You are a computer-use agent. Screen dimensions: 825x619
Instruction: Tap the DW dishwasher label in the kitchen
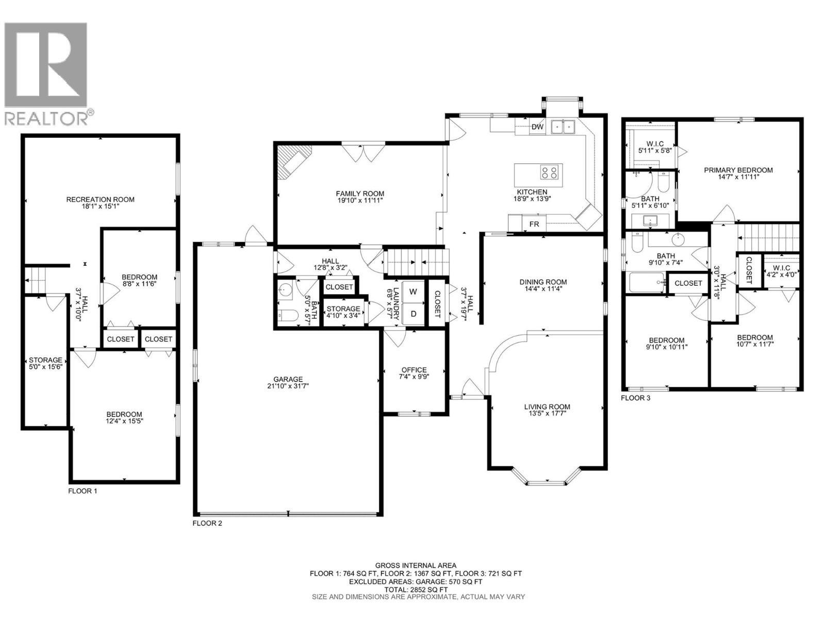(537, 127)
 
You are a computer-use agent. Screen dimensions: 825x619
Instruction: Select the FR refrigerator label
(534, 224)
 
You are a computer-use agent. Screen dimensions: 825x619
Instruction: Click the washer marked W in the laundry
(413, 291)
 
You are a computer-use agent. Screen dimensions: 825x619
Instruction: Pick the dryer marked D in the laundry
(413, 314)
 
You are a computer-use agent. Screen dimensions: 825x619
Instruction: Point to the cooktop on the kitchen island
(549, 173)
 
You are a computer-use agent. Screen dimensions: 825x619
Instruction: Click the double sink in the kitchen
(563, 127)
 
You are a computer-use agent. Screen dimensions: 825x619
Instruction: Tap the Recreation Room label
(101, 200)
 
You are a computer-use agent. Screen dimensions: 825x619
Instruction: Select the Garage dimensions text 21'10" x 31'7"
(288, 386)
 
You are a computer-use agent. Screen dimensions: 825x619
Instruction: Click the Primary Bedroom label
(738, 170)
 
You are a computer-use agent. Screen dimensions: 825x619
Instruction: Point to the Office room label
(414, 370)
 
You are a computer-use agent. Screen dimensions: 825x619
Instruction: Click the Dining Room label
(543, 282)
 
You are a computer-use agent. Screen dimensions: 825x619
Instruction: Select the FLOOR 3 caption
(635, 398)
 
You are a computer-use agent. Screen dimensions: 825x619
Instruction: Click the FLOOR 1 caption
(82, 491)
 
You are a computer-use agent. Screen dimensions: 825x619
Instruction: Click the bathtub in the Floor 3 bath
(647, 283)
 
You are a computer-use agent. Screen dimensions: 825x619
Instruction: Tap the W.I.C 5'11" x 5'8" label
(655, 147)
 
